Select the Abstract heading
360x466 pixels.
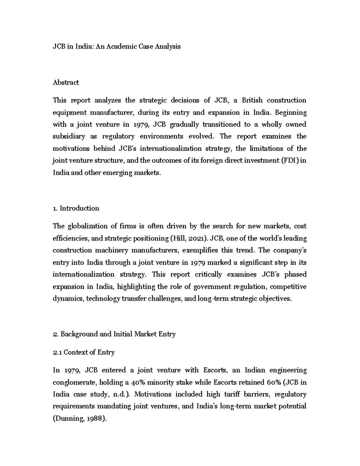pyautogui.click(x=66, y=82)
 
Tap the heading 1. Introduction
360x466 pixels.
pyautogui.click(x=76, y=208)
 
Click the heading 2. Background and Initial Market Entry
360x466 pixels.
pyautogui.click(x=114, y=334)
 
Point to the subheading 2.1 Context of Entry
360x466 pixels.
pyautogui.click(x=84, y=352)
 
